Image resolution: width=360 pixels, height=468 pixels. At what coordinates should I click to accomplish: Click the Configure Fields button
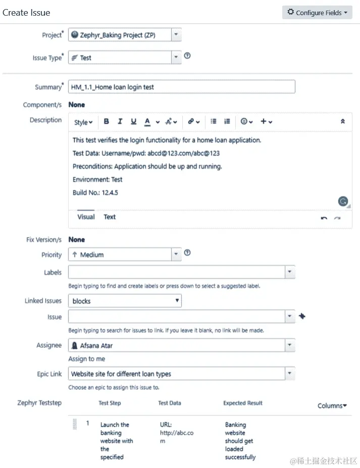pos(317,13)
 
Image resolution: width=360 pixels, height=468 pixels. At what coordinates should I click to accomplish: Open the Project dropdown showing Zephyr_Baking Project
pos(124,35)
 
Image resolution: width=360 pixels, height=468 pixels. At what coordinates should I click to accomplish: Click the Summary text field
pos(181,87)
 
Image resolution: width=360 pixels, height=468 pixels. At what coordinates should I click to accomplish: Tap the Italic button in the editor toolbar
pos(120,122)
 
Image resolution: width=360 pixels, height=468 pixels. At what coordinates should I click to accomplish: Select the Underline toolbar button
pos(133,122)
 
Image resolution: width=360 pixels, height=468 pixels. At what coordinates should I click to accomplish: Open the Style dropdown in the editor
pos(83,122)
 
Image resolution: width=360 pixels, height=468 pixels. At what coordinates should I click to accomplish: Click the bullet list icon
pos(214,122)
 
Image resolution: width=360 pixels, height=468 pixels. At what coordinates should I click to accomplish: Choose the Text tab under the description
pos(110,217)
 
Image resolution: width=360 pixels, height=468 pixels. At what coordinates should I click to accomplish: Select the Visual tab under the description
pos(86,217)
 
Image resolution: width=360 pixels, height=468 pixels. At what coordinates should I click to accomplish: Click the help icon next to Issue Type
pos(187,56)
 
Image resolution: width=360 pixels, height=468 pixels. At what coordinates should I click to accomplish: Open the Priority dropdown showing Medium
pos(124,255)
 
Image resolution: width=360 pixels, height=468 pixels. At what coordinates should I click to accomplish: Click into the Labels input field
pos(177,272)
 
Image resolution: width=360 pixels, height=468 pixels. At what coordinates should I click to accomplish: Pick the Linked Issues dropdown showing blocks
pos(125,301)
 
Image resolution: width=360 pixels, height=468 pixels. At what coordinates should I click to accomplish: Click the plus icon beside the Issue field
pos(302,317)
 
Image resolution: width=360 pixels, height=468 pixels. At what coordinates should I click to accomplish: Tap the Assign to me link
pos(87,359)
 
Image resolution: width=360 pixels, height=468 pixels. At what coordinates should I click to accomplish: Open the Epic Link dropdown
pos(181,374)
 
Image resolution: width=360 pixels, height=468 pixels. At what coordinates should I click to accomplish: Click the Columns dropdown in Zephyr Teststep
pos(332,406)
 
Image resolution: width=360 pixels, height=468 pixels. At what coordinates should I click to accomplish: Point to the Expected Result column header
pos(243,403)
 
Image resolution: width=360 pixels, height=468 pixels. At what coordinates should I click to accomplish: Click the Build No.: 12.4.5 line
pos(95,193)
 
